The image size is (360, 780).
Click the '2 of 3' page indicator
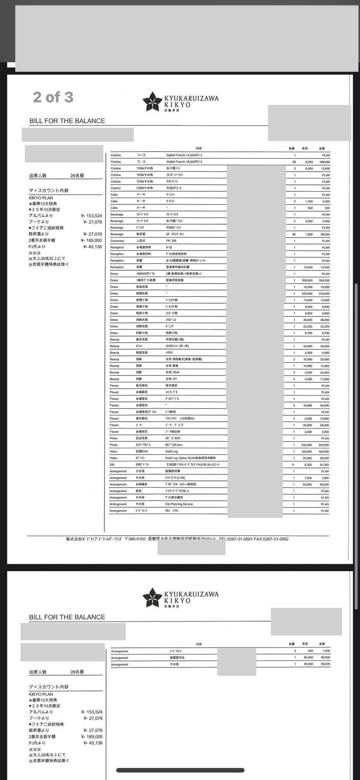coord(53,97)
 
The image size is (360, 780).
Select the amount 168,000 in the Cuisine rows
coord(324,162)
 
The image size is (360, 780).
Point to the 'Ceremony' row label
coord(117,241)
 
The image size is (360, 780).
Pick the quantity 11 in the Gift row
coord(293,465)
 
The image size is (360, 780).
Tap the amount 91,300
coord(324,465)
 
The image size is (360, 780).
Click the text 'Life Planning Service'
coord(179,504)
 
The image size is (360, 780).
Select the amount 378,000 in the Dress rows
coord(324,293)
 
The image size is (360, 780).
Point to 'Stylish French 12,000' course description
coord(184,155)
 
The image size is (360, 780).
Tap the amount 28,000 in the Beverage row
coord(325,234)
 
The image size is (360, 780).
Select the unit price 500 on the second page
coord(310,651)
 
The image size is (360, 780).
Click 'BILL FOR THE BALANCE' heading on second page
coord(67,617)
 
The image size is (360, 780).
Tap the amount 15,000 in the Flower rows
coord(325,419)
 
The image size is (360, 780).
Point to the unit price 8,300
coord(308,465)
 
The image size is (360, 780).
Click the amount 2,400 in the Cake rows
coord(326,201)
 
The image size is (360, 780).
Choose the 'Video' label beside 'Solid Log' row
coord(114,451)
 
